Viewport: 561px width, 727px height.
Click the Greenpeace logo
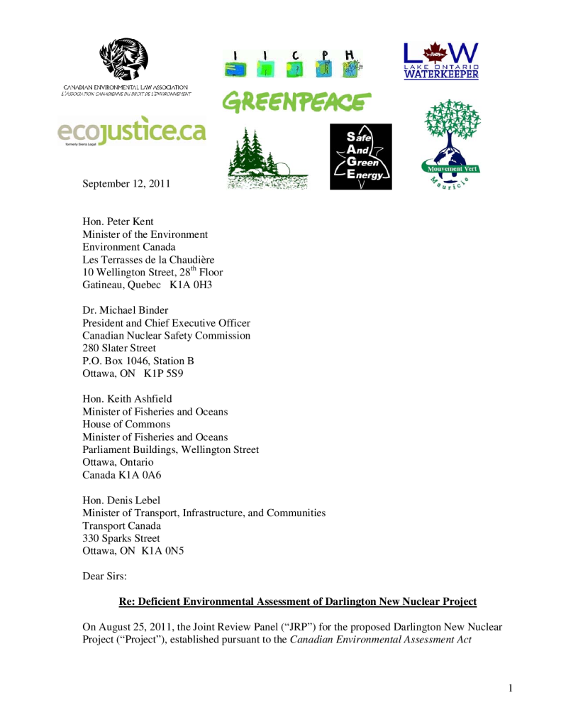pyautogui.click(x=296, y=102)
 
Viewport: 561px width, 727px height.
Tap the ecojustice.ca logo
pyautogui.click(x=131, y=131)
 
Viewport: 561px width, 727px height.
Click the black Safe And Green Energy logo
pyautogui.click(x=360, y=157)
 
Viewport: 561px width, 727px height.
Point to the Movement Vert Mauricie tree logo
pyautogui.click(x=448, y=146)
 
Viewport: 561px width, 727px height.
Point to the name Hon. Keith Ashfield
pyautogui.click(x=127, y=399)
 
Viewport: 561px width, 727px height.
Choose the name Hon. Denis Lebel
pyautogui.click(x=122, y=501)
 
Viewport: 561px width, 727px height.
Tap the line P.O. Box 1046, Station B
pyautogui.click(x=138, y=361)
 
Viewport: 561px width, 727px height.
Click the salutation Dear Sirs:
pyautogui.click(x=105, y=576)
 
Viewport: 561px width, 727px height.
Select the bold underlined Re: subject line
pyautogui.click(x=297, y=602)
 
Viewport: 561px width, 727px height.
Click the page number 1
pyautogui.click(x=510, y=688)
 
